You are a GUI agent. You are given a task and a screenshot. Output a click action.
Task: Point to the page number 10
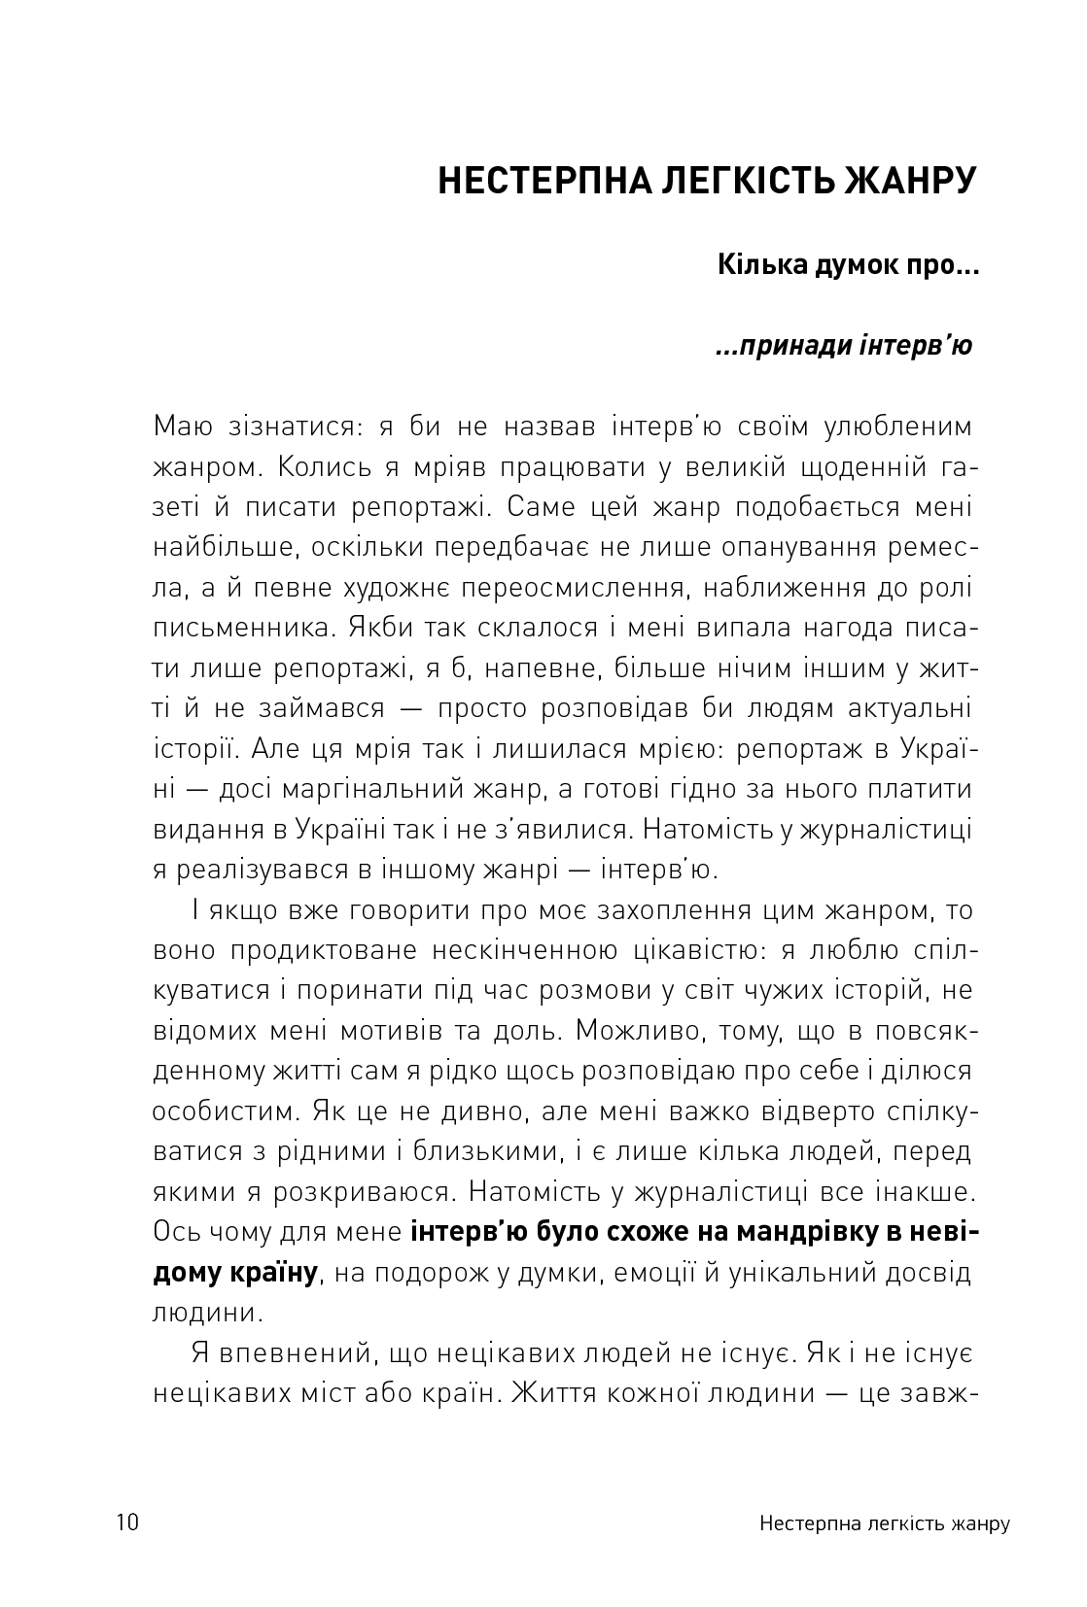coord(127,1522)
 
